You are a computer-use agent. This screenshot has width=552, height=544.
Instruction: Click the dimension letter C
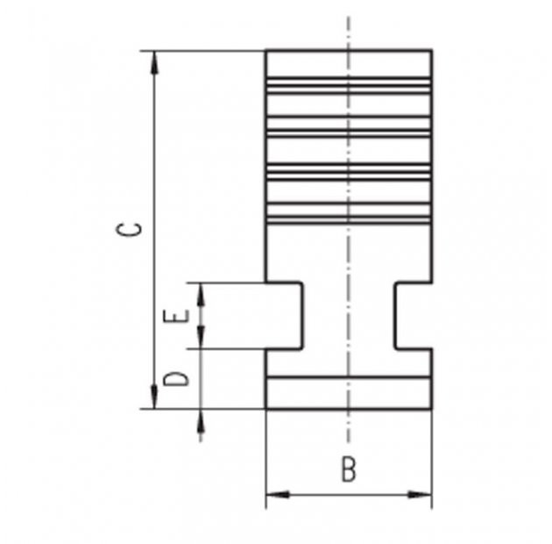coord(129,230)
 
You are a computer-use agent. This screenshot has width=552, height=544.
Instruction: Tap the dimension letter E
coord(176,316)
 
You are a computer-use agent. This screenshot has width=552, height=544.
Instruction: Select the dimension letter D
coord(176,379)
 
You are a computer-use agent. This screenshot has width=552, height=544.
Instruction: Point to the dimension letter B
coord(349,469)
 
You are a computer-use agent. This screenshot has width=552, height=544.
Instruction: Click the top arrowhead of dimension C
coord(154,62)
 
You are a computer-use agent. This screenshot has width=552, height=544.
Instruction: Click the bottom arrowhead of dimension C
coord(154,397)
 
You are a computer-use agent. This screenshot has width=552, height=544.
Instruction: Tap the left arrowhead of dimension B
coord(278,495)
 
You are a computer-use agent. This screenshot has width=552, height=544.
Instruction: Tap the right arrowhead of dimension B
coord(420,495)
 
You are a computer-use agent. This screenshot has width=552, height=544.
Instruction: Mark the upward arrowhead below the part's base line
coord(201,421)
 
